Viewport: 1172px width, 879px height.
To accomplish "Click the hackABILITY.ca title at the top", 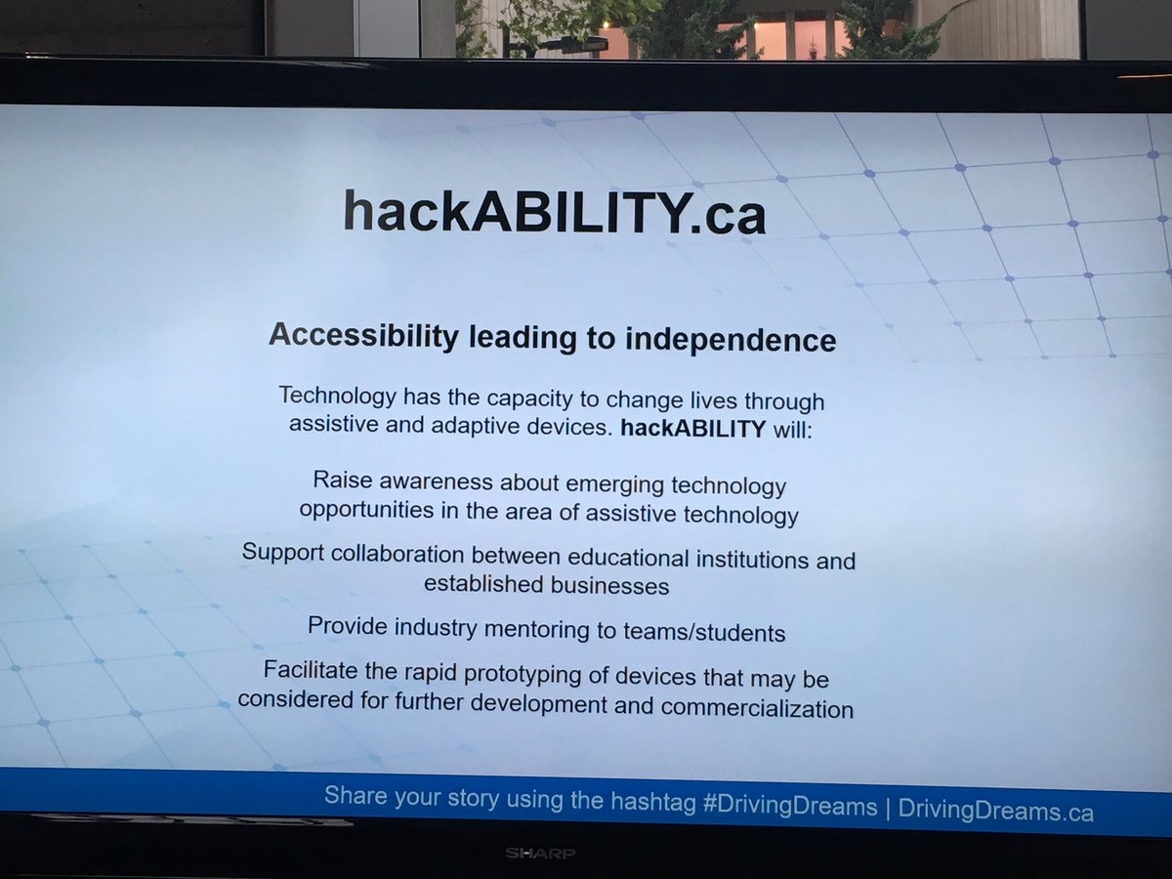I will click(x=554, y=211).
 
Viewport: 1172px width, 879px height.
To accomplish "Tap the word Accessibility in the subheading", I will click(x=363, y=336).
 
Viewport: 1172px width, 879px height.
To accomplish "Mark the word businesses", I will click(x=609, y=586).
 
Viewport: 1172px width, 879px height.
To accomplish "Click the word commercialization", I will click(x=757, y=708).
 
